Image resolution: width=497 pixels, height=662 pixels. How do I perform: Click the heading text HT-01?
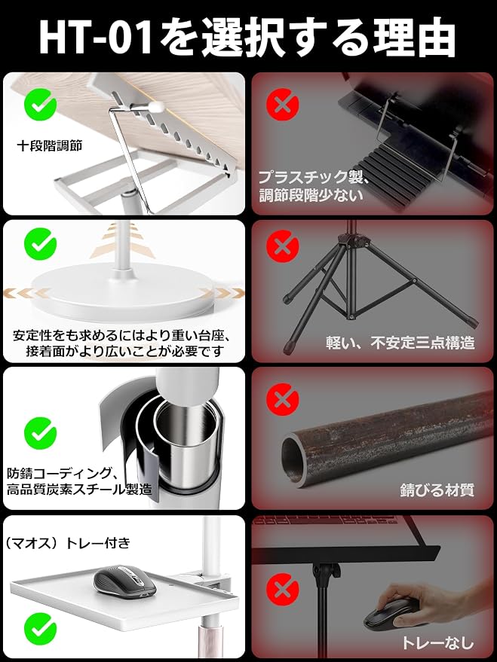[96, 38]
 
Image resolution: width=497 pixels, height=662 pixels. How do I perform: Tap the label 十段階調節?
[50, 146]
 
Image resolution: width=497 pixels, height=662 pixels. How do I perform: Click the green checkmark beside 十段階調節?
[41, 104]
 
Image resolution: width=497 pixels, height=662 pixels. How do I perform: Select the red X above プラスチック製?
[283, 105]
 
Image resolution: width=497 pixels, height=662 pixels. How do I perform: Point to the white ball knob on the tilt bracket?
[157, 107]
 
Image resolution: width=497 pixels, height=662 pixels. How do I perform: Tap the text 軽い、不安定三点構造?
[400, 343]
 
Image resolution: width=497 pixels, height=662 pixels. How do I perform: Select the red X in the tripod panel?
[283, 246]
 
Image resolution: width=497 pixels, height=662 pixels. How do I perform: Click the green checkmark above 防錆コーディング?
[41, 433]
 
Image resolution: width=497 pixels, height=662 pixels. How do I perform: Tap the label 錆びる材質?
[437, 490]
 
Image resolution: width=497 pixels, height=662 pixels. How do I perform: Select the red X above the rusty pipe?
[283, 399]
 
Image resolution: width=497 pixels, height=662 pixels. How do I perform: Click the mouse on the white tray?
[124, 581]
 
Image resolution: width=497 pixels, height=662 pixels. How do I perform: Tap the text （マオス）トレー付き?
[68, 543]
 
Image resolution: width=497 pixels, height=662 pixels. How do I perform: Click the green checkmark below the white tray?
[41, 629]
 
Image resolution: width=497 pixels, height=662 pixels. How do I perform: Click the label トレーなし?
[437, 642]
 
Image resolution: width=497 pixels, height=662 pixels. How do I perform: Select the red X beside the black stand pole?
[283, 590]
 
